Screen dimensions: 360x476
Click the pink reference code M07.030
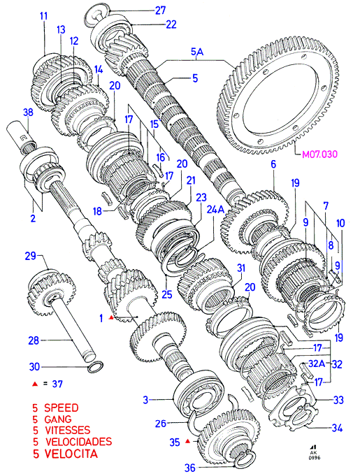(x=319, y=154)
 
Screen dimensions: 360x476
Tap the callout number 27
(x=160, y=10)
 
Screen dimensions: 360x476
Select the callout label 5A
(x=197, y=52)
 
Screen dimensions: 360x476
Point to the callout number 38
(x=28, y=113)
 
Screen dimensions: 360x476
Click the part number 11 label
(x=44, y=16)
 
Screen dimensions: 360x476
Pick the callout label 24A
(x=215, y=209)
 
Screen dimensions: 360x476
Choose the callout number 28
(x=34, y=340)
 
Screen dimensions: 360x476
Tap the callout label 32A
(x=317, y=363)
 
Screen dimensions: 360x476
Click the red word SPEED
(x=62, y=408)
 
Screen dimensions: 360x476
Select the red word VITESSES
(x=67, y=430)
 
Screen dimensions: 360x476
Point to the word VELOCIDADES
(x=78, y=441)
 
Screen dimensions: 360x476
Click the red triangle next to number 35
(x=188, y=441)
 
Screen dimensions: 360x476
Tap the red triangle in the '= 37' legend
(x=35, y=384)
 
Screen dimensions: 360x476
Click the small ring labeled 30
(x=95, y=367)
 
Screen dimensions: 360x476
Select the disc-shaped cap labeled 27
(x=98, y=17)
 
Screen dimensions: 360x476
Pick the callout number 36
(x=190, y=468)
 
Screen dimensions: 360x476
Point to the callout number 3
(x=145, y=400)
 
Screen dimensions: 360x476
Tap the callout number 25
(x=167, y=294)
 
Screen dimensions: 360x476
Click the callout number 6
(x=273, y=164)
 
